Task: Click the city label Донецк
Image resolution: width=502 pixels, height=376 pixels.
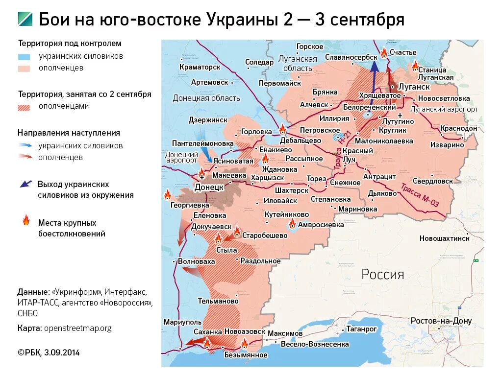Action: point(209,187)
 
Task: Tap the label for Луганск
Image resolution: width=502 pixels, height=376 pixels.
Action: point(414,87)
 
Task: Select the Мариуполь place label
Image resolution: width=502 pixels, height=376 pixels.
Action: point(183,322)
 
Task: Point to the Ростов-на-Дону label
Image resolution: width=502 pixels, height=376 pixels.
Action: point(441,321)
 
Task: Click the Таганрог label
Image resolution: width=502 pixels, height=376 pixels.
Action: point(361,329)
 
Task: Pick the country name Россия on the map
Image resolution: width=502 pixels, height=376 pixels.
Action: point(382,274)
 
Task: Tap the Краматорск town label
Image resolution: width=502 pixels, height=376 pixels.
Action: point(200,67)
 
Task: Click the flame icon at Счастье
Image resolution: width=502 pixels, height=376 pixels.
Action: point(384,52)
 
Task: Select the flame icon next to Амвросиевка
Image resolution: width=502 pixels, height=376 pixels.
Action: point(292,224)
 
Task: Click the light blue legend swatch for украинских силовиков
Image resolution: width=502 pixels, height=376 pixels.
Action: point(24,56)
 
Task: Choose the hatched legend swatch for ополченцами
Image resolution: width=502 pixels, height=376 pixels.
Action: point(24,107)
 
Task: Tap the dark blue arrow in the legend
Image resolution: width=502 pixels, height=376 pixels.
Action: point(25,184)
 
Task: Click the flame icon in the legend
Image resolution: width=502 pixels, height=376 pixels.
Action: point(25,220)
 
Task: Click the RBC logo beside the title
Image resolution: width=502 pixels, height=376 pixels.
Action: point(25,19)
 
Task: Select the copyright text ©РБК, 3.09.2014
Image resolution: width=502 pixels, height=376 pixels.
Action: point(49,352)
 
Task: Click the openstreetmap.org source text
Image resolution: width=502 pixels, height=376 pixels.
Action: point(77,328)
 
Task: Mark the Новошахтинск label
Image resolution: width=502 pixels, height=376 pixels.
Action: point(444,238)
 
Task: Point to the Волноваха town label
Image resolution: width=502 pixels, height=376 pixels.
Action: point(196,261)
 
